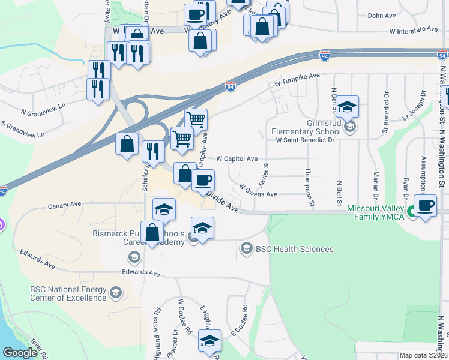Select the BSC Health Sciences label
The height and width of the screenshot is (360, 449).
coord(294,249)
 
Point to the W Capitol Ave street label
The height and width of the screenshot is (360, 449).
coord(237,158)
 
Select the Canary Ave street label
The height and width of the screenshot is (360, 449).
coord(64,205)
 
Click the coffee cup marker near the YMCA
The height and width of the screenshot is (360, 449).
coord(425,206)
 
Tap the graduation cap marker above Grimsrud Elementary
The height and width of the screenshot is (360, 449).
coord(347,107)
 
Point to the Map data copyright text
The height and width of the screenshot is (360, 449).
coord(423,355)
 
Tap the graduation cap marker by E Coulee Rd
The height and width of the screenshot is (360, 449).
coord(209,341)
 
